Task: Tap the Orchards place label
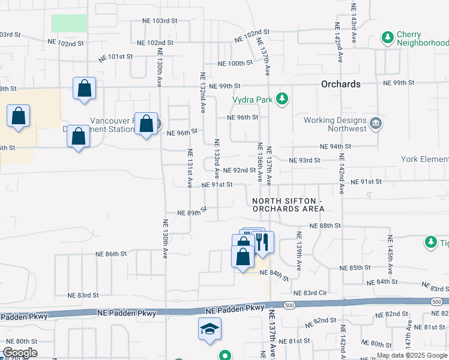(x=341, y=84)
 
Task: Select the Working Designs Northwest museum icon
(x=376, y=124)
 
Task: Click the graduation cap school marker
(x=209, y=329)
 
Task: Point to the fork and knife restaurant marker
(x=262, y=242)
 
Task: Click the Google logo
(x=20, y=353)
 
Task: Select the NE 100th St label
(x=235, y=63)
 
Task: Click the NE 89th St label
(x=192, y=212)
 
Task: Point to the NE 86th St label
(x=112, y=254)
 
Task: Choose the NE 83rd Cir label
(x=315, y=292)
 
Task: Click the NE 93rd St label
(x=304, y=160)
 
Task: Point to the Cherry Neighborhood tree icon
(x=388, y=39)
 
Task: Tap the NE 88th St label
(x=325, y=225)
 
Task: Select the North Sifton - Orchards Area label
(x=288, y=205)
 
